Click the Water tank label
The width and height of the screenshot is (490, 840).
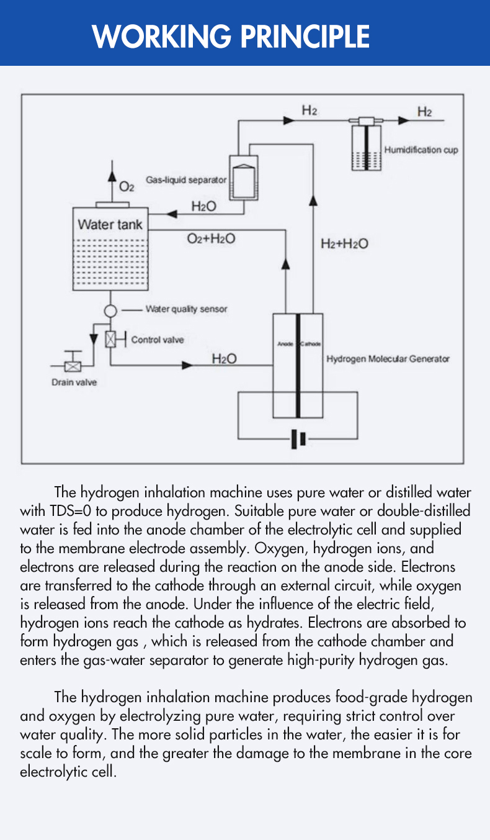(110, 224)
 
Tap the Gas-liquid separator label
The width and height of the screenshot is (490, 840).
(186, 181)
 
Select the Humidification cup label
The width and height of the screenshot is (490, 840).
(421, 150)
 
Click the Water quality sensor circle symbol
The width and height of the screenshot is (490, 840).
(110, 309)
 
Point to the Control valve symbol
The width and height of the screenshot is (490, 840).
(110, 340)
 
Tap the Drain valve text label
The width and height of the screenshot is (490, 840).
(74, 382)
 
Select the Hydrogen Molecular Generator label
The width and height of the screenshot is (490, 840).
(388, 359)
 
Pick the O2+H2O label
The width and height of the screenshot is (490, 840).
(211, 238)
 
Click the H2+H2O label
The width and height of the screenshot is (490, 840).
(344, 244)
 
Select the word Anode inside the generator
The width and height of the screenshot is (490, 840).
(285, 344)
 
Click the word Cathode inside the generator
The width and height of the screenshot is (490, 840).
(310, 344)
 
